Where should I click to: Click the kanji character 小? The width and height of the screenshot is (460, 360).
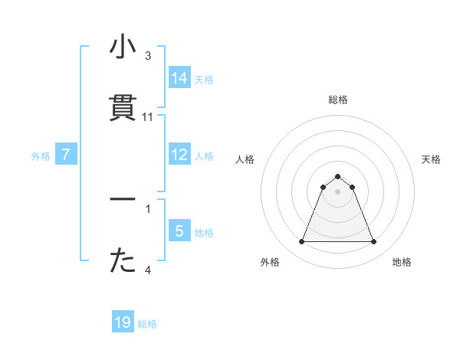click(x=123, y=48)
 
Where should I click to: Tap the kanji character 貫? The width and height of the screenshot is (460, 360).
click(x=123, y=109)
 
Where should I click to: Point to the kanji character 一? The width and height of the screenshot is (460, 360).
click(x=123, y=200)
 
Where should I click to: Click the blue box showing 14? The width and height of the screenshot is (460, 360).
click(x=179, y=78)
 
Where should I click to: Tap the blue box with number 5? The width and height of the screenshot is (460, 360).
click(x=179, y=231)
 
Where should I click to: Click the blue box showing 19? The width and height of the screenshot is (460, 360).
click(x=123, y=322)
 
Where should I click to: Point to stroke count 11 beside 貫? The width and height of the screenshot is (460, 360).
click(x=148, y=117)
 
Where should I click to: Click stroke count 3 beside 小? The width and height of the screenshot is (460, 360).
click(x=148, y=56)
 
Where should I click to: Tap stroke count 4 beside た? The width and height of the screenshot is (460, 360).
click(x=148, y=270)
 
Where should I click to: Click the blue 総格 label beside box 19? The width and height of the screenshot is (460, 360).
click(x=147, y=324)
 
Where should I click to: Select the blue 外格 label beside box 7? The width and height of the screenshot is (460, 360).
click(x=41, y=156)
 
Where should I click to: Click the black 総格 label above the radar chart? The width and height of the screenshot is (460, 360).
click(x=337, y=100)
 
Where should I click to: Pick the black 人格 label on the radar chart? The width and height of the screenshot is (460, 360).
click(x=245, y=159)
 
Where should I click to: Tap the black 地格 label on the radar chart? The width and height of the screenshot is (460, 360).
click(x=402, y=262)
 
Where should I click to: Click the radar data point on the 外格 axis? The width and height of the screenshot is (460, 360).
click(x=301, y=242)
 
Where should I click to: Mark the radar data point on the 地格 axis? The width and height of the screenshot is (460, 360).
click(x=373, y=242)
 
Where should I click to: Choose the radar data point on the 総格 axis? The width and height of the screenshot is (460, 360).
click(x=337, y=175)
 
